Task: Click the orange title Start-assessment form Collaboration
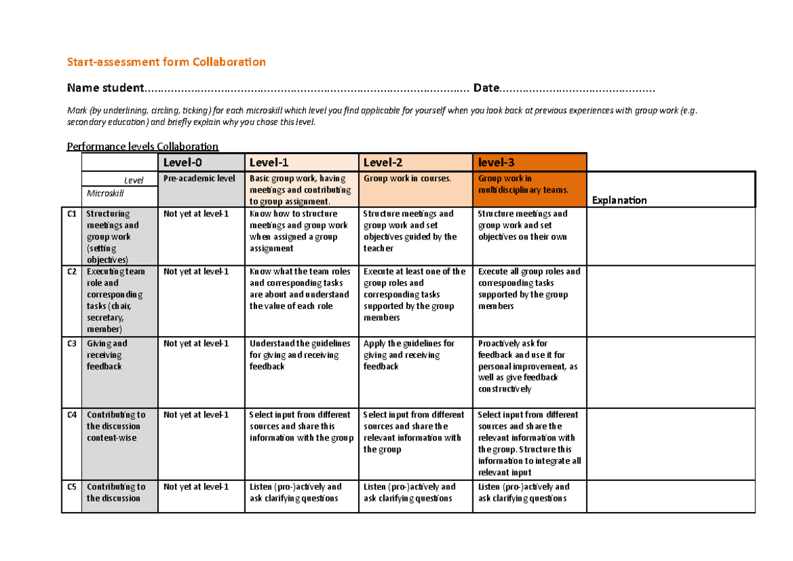167,62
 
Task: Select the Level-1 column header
268,162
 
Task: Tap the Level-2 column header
383,162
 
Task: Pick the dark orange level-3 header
497,162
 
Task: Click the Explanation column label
619,200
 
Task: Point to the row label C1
71,214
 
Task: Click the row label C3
71,343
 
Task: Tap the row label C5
71,487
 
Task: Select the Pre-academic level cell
199,179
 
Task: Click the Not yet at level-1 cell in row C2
196,271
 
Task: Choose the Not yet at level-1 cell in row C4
196,415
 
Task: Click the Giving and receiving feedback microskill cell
108,355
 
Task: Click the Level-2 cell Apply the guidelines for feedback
409,355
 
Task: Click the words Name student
105,88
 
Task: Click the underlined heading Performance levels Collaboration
143,146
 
